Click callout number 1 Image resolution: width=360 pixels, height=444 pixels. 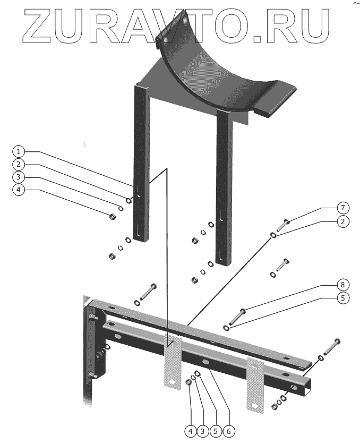point(19,152)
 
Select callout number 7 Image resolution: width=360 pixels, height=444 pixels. point(342,208)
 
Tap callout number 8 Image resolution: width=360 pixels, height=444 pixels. point(342,285)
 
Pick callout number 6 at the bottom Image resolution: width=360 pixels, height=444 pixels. point(229,431)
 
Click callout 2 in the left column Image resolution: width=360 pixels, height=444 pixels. point(19,164)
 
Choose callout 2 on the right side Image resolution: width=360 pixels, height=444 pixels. point(342,221)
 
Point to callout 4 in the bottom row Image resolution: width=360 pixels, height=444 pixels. point(190,431)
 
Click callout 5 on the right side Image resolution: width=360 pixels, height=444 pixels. point(342,298)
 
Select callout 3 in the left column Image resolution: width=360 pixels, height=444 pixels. point(19,177)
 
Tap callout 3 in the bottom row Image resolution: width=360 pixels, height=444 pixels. point(203,431)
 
